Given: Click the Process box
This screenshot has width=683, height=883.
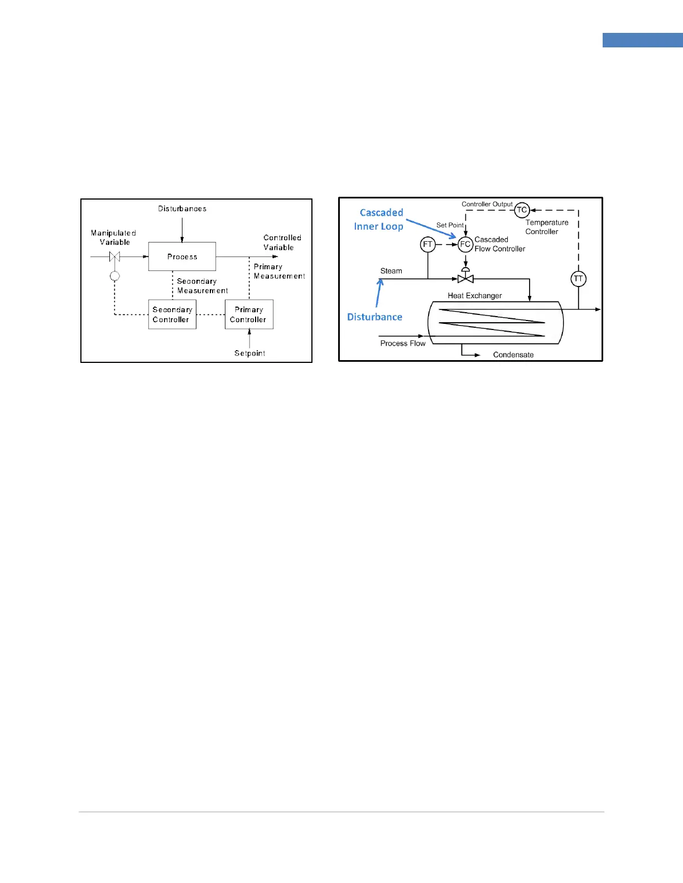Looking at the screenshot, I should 182,256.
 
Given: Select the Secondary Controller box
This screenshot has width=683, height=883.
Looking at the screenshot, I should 172,314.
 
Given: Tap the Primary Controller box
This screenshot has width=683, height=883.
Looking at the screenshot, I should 249,314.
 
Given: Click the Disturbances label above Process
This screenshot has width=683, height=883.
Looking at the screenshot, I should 182,208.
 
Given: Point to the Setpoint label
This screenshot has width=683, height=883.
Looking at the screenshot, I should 249,353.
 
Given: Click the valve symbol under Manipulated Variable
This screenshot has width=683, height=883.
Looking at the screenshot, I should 114,256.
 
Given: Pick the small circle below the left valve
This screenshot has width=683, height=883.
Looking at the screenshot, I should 114,276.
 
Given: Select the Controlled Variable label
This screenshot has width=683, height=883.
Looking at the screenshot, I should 282,242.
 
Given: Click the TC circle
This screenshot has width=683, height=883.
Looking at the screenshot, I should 522,210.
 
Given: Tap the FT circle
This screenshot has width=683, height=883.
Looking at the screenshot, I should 428,244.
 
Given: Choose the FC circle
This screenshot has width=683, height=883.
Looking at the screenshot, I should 465,244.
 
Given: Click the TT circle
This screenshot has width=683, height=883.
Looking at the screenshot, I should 579,279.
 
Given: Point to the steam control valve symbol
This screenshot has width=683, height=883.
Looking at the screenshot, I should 465,278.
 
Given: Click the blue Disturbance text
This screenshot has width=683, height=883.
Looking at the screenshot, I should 374,317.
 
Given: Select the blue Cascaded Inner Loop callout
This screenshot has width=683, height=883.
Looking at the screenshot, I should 379,219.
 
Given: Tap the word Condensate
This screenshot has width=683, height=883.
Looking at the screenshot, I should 513,355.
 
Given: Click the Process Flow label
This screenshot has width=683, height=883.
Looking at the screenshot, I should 403,343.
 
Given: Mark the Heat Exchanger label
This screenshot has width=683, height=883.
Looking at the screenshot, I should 474,295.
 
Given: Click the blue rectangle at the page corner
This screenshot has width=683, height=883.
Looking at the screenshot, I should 642,40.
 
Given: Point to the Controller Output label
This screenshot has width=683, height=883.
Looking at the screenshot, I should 487,204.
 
